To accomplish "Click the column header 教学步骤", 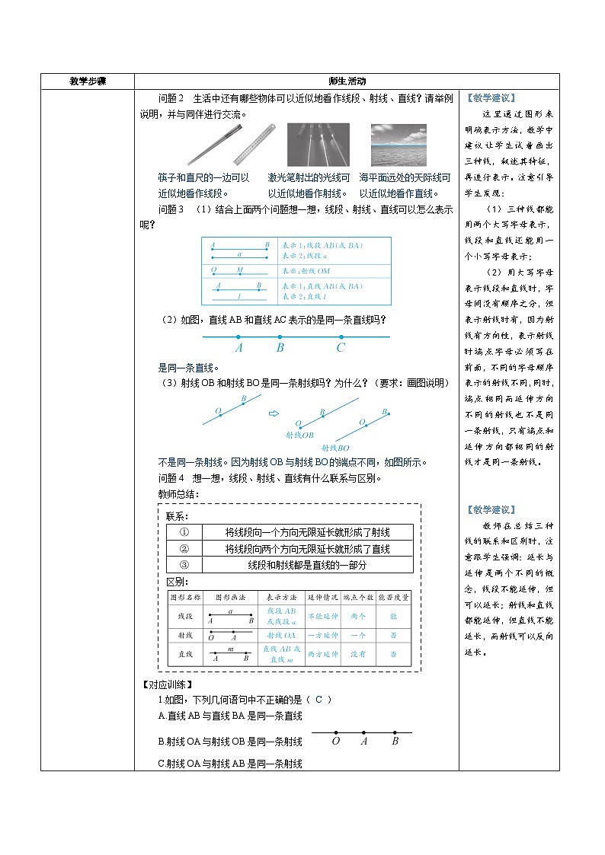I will (x=88, y=81).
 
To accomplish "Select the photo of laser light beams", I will (x=318, y=145).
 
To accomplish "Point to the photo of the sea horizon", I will (x=399, y=145).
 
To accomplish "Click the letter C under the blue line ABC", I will (x=341, y=348).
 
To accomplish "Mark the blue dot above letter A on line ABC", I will (x=238, y=337).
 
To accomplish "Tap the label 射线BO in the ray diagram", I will (x=335, y=448).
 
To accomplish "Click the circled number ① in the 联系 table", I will (x=184, y=532).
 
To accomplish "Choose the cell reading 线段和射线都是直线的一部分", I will (x=307, y=565).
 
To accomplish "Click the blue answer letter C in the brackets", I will (x=319, y=700).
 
